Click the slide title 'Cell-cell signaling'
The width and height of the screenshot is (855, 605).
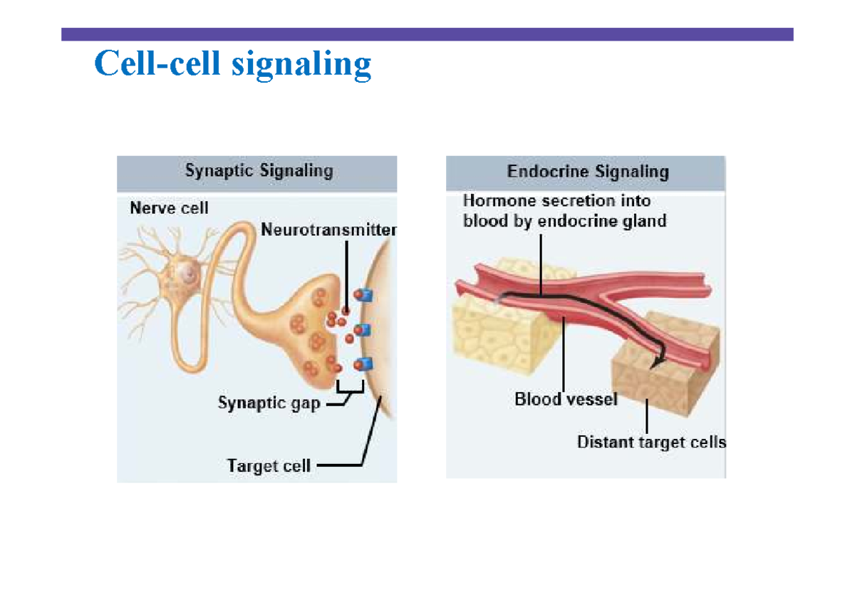tap(232, 64)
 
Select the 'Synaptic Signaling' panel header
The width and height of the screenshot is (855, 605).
tap(258, 172)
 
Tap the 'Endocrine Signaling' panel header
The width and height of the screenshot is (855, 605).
tap(587, 172)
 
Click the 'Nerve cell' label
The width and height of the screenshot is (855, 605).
tap(169, 209)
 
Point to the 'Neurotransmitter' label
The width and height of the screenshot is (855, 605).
tap(328, 230)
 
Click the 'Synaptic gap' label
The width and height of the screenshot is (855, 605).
tap(269, 403)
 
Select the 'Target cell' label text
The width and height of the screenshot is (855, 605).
tap(269, 466)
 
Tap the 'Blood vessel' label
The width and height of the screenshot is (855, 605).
tap(566, 400)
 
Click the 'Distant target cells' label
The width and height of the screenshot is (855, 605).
tap(651, 443)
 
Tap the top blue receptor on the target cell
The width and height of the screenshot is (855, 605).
tap(365, 296)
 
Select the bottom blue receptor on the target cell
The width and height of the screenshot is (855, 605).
tap(365, 364)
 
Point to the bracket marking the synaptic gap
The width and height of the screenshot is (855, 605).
tap(349, 388)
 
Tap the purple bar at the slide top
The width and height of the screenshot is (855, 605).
tap(427, 34)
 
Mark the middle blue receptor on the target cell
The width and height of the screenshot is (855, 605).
tap(365, 330)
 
